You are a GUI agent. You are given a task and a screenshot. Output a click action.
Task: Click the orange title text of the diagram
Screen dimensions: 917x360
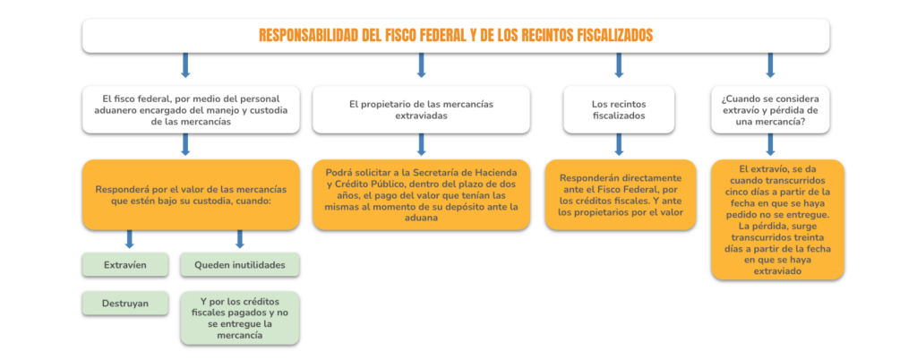coord(456,36)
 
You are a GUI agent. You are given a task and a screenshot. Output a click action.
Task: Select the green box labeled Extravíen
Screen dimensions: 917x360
coord(125,265)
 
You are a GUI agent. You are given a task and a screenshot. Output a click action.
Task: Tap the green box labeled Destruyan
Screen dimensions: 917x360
coord(125,304)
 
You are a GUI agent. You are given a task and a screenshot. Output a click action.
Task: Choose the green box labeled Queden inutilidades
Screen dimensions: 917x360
coord(240,265)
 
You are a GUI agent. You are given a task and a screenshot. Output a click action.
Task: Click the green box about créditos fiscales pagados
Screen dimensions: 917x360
coord(240,318)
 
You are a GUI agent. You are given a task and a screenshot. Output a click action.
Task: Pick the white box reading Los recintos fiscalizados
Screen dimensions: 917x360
coord(618,110)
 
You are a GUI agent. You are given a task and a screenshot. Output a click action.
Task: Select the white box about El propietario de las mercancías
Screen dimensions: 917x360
coord(421,110)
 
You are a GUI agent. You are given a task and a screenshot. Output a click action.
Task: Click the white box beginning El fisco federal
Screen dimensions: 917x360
coord(191,110)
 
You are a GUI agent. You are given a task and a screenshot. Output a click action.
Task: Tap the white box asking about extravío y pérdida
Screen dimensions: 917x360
coord(769,110)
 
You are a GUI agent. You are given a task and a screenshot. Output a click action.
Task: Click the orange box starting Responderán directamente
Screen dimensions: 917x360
coord(621,194)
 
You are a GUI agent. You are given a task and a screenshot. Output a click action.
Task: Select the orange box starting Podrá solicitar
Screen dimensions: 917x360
coord(421,194)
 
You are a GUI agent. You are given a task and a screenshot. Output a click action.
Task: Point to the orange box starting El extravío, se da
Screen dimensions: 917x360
coord(777,219)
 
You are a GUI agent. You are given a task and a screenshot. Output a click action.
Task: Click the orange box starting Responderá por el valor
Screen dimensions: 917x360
coord(191,194)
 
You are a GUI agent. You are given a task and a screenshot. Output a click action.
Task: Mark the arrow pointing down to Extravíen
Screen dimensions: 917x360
coord(130,239)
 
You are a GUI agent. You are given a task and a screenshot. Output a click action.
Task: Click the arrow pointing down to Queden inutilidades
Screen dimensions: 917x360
coord(239,239)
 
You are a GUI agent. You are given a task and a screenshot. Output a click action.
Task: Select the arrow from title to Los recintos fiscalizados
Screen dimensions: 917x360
coord(619,65)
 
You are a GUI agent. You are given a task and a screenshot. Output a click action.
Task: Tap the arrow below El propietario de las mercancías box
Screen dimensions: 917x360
coord(421,144)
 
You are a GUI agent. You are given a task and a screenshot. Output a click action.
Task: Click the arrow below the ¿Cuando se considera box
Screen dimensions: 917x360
coord(770,144)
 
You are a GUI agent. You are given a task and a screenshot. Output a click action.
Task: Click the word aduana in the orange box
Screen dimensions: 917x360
coord(421,217)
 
